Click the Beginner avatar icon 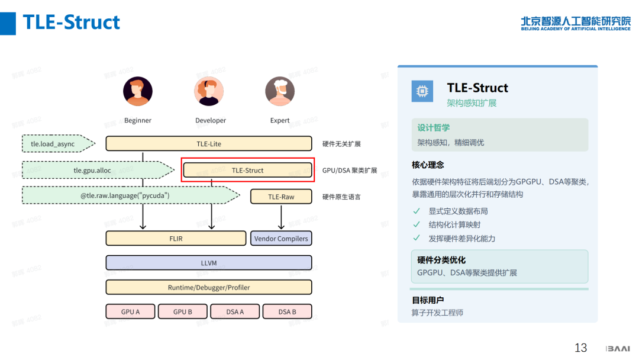click(138, 91)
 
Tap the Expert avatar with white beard click(279, 91)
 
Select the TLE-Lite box click(209, 143)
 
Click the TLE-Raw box click(281, 197)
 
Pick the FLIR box click(176, 239)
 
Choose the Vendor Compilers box click(281, 239)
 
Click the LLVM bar click(209, 263)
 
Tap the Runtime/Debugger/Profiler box click(209, 287)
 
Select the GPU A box click(130, 311)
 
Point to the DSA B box click(288, 311)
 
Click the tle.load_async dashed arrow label click(53, 144)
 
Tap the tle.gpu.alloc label click(92, 170)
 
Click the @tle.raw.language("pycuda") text click(125, 195)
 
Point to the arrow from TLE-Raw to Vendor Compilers click(281, 217)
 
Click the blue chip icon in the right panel click(422, 91)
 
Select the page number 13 click(581, 348)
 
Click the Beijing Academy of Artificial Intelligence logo click(576, 23)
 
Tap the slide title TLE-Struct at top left click(72, 22)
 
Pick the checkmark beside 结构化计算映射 click(417, 224)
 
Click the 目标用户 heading click(428, 300)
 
